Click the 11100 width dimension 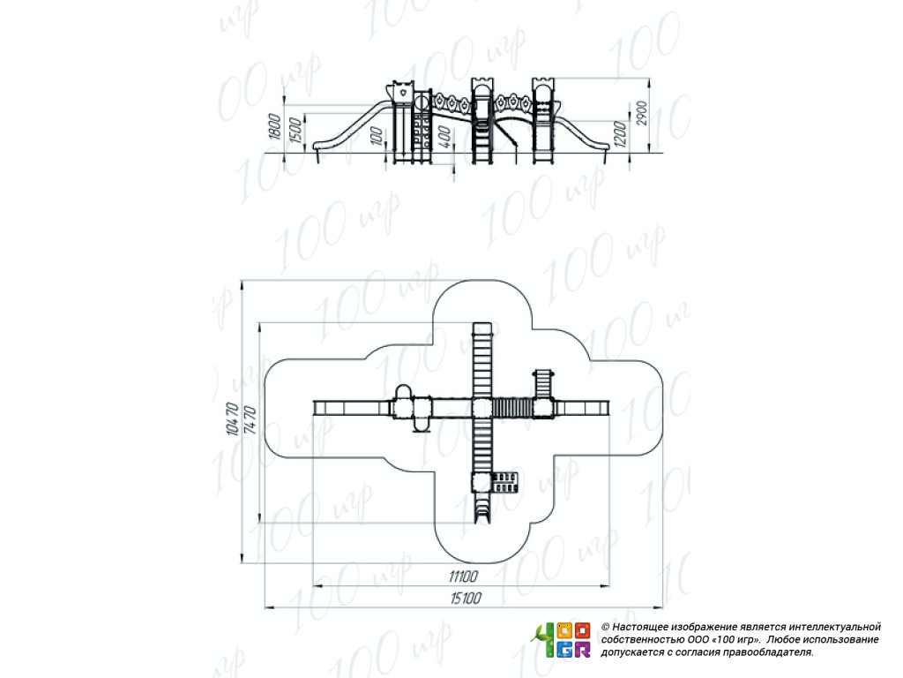[x=462, y=576]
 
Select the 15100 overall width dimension [x=465, y=599]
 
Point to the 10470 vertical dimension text [x=232, y=419]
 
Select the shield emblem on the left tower [x=402, y=90]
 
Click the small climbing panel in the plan [x=505, y=482]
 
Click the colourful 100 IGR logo [x=561, y=640]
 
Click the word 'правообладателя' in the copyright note [x=768, y=652]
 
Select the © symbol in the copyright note [x=605, y=626]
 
